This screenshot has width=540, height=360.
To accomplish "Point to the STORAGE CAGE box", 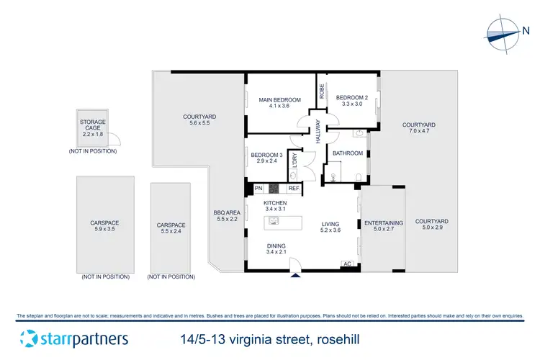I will tap(93, 127).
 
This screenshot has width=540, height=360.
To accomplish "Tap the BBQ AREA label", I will tap(227, 212).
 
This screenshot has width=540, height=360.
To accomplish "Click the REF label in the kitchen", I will tap(293, 189).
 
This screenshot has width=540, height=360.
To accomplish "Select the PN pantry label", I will tap(258, 189).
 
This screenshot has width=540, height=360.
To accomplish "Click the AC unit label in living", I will tap(347, 264).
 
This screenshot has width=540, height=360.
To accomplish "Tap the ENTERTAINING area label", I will tap(383, 223).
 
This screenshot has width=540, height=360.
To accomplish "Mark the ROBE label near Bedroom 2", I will tap(321, 91).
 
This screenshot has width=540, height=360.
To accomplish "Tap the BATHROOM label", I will tap(346, 152).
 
